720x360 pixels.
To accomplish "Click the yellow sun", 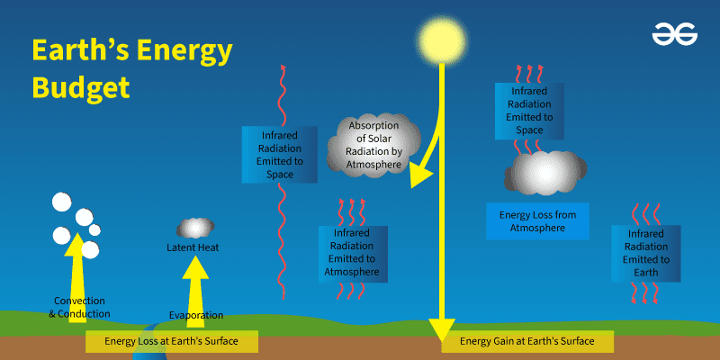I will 443,39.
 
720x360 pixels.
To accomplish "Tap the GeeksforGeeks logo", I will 673,35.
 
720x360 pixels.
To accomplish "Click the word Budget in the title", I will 81,87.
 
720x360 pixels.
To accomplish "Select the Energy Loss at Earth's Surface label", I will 171,341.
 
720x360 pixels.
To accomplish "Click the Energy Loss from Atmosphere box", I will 537,221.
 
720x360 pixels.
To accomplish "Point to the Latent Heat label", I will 193,247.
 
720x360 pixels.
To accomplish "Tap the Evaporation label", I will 195,315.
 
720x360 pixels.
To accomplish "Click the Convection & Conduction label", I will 81,307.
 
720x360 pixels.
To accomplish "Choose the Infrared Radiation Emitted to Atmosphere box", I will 353,252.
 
